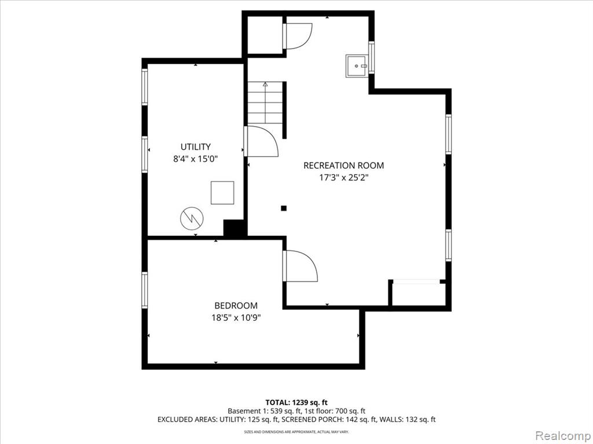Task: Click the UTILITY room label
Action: click(x=196, y=146)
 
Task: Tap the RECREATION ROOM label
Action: click(x=343, y=165)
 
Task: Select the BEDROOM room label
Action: click(x=236, y=305)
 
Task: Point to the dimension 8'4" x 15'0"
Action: click(x=196, y=159)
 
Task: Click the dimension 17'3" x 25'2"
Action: click(x=344, y=177)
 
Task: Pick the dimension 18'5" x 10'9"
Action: click(x=236, y=317)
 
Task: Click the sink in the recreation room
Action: click(x=357, y=66)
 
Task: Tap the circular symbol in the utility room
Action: click(x=192, y=218)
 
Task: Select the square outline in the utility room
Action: click(x=222, y=193)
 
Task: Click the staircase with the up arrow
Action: click(x=265, y=102)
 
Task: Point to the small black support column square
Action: click(x=284, y=208)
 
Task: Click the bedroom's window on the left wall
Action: click(x=144, y=290)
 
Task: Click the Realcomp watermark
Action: click(x=563, y=435)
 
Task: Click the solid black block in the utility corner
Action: click(x=235, y=228)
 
